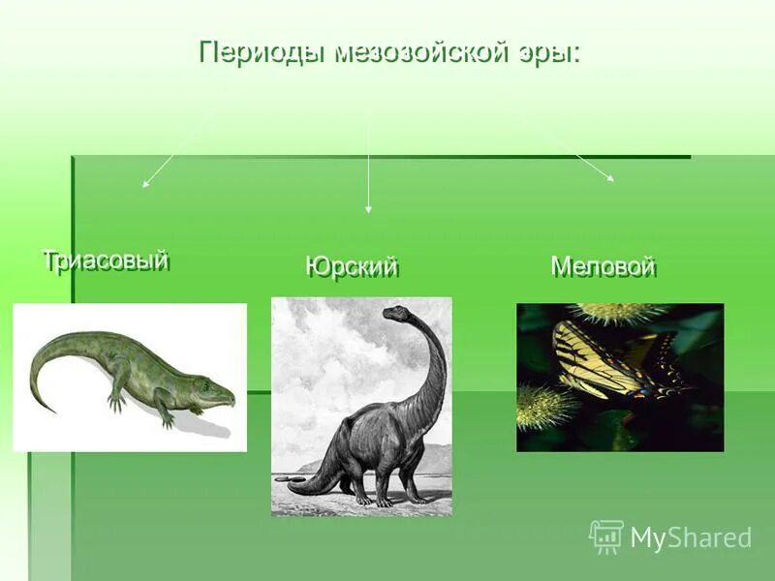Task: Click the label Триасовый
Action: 106,260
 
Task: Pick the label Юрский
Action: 352,267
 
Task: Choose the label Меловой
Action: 604,266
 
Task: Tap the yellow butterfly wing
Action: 581,358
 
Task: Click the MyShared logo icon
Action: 606,535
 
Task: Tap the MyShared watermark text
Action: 691,537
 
